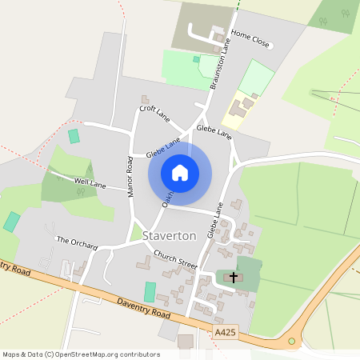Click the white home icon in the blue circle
point(180,173)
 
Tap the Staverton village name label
point(170,237)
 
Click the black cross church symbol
point(234,278)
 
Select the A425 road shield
point(226,331)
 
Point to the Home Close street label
point(250,40)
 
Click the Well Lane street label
point(90,184)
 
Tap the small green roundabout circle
point(292,341)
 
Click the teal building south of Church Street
point(150,292)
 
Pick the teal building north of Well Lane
point(74,136)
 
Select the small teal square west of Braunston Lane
point(196,58)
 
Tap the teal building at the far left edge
point(11,222)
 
